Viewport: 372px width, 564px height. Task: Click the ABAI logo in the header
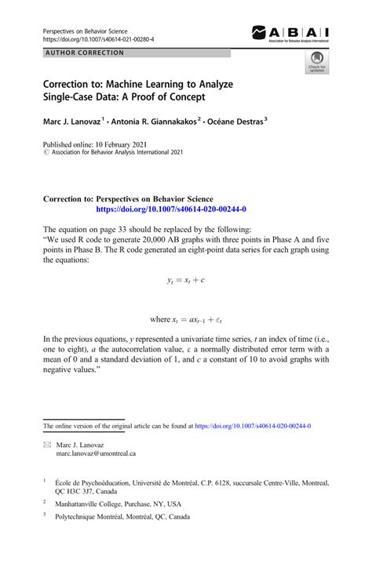pos(290,33)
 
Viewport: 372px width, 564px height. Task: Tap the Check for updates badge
pos(317,62)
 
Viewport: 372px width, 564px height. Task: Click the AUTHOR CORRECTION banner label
pos(86,53)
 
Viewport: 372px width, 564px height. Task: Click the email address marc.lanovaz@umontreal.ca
pos(96,453)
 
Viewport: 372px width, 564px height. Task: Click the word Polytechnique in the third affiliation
pos(77,518)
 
